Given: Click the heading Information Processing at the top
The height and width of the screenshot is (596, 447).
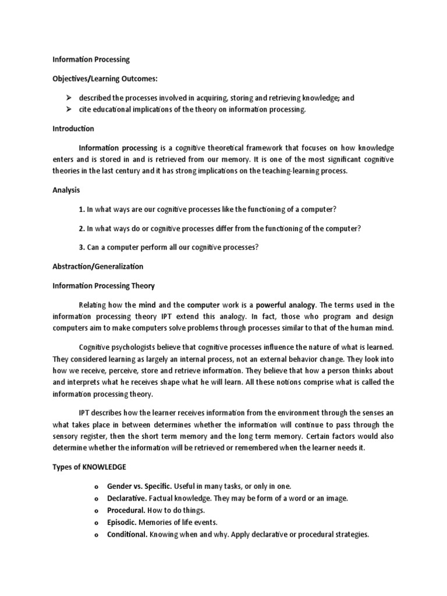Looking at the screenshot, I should click(91, 59).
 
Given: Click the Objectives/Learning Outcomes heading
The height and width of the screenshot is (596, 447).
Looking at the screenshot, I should click(105, 79).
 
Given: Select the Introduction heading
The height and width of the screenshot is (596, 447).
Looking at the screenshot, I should click(73, 129).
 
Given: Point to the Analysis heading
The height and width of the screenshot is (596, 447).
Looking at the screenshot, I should click(66, 190).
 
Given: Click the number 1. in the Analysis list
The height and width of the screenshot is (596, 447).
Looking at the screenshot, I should click(81, 209).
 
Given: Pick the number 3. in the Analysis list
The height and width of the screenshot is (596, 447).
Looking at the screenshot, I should click(81, 247).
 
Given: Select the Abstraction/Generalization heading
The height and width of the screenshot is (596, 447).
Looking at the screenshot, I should click(98, 267).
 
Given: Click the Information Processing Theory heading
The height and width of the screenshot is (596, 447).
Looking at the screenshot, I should click(104, 286).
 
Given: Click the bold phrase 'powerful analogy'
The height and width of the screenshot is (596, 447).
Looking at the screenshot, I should click(286, 305).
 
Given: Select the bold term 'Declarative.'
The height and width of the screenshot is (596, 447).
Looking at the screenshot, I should click(127, 498).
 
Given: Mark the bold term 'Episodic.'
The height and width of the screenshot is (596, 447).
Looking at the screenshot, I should click(122, 523).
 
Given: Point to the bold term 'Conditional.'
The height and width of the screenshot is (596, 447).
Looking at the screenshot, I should click(127, 535).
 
